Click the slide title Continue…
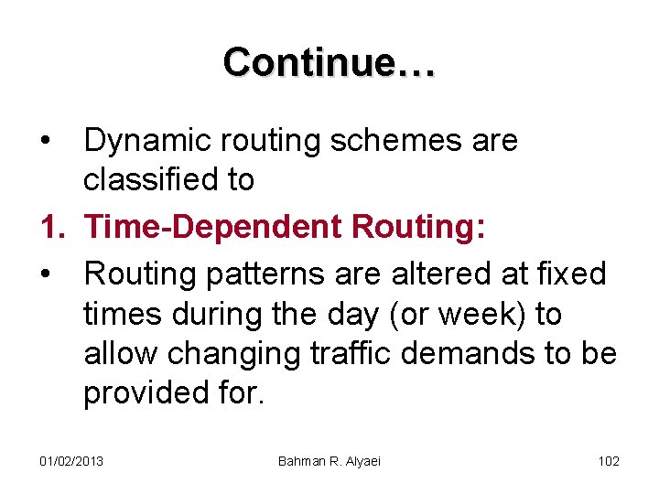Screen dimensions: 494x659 click(329, 62)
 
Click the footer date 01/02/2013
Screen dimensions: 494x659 click(71, 460)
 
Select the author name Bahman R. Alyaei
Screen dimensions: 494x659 click(329, 460)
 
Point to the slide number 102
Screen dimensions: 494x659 click(609, 460)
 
